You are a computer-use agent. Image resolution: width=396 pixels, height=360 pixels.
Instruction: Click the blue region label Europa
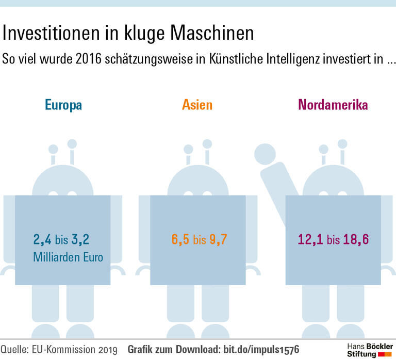63,106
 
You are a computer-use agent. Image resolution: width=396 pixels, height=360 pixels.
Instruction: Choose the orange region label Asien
197,106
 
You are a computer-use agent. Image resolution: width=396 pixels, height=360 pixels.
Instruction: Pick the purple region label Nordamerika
333,106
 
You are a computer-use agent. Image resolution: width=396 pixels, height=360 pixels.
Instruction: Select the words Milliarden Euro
68,257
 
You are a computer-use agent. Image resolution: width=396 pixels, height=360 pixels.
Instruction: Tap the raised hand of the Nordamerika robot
266,153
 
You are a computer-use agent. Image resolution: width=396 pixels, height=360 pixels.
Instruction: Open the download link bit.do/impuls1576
261,349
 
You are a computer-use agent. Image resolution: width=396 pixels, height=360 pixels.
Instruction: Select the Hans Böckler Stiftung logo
370,349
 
